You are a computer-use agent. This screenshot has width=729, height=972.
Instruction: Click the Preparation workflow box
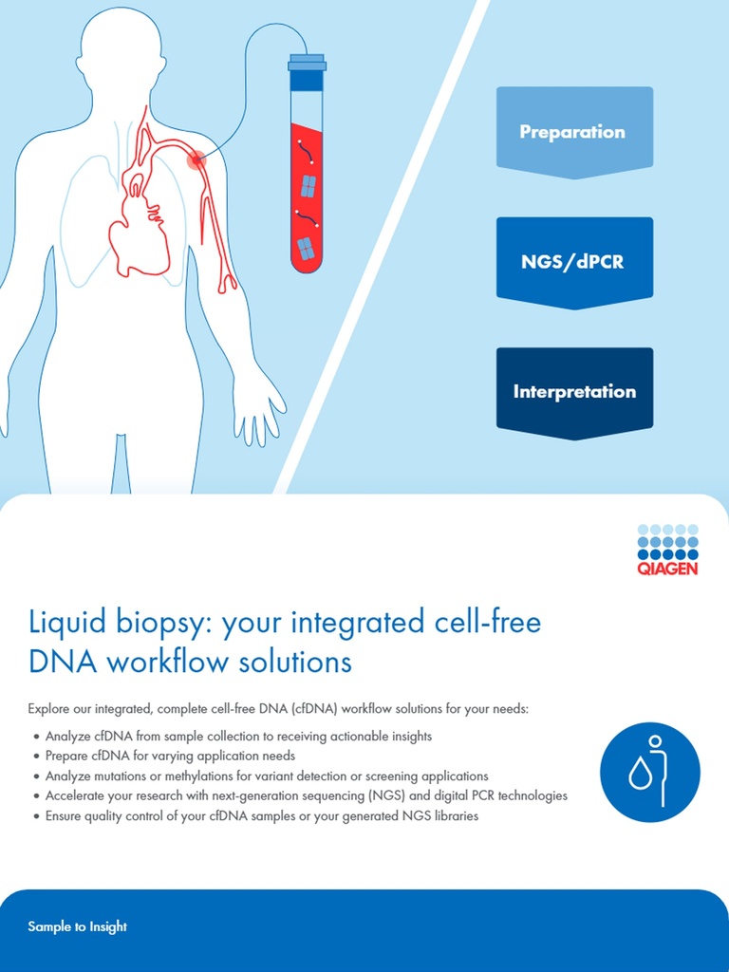(573, 132)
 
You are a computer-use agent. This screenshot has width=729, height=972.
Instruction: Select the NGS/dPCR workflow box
(573, 261)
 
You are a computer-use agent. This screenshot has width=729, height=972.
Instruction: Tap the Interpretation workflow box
(574, 391)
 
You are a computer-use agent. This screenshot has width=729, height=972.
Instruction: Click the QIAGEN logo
(667, 550)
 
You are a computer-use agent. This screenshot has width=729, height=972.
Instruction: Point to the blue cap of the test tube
(307, 72)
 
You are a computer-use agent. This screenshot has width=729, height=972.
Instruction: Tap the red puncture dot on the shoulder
(196, 159)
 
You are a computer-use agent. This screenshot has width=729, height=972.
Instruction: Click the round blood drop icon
(649, 772)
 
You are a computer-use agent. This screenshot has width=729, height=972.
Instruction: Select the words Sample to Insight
(78, 926)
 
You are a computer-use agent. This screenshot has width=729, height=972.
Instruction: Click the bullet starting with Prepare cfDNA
(170, 757)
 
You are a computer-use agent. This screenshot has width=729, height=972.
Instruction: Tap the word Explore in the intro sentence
(48, 709)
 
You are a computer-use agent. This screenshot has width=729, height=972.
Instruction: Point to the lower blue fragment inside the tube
(306, 249)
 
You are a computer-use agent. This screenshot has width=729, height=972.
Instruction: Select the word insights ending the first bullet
(412, 737)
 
